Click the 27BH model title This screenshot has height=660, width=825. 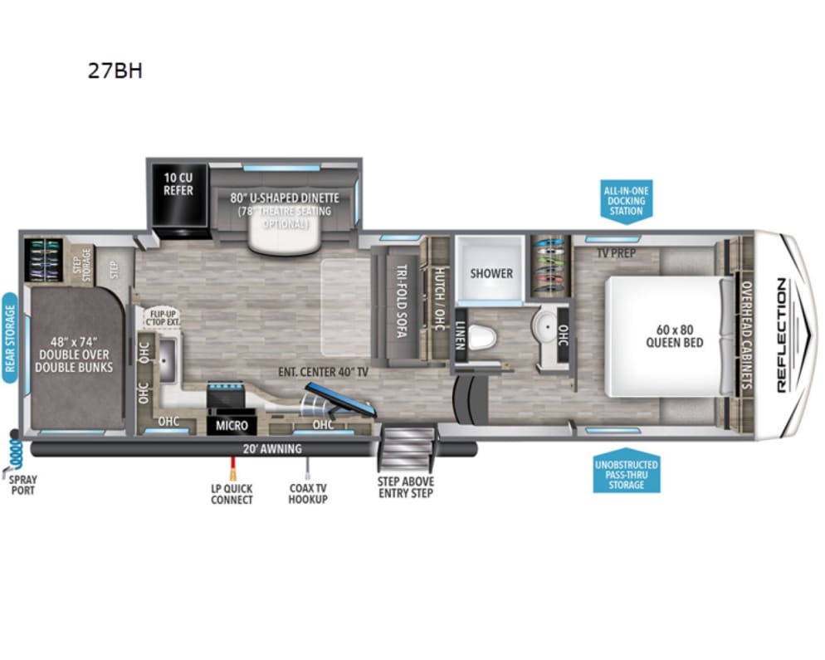(115, 71)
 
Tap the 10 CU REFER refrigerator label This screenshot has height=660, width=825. (178, 184)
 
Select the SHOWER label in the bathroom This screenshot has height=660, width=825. (491, 273)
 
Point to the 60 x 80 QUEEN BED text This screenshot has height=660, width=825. (675, 335)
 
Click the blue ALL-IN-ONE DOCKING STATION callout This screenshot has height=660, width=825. (626, 201)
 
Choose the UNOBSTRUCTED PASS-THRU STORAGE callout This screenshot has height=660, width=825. (627, 474)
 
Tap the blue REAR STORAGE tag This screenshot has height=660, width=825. (10, 337)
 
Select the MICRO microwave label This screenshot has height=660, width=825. (232, 426)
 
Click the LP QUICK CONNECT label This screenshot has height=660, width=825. (232, 494)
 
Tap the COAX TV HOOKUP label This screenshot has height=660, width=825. (308, 494)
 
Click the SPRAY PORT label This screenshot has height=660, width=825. (22, 486)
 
